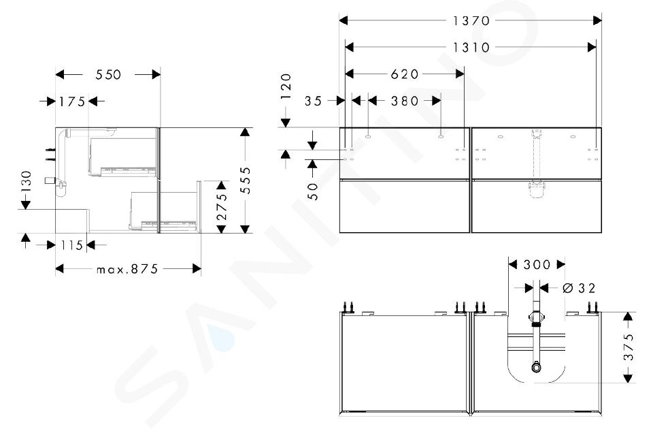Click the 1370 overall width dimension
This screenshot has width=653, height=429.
point(471,20)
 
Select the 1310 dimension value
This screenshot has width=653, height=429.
point(471,48)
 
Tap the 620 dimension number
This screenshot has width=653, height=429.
point(404,74)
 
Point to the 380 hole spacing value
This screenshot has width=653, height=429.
point(404,101)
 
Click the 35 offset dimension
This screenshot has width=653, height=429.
point(313,101)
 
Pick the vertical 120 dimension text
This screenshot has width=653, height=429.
point(286,86)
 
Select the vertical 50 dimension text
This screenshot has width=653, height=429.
point(313,191)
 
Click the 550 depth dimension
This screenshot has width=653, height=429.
point(108,75)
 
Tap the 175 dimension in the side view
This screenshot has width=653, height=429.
point(71,101)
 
